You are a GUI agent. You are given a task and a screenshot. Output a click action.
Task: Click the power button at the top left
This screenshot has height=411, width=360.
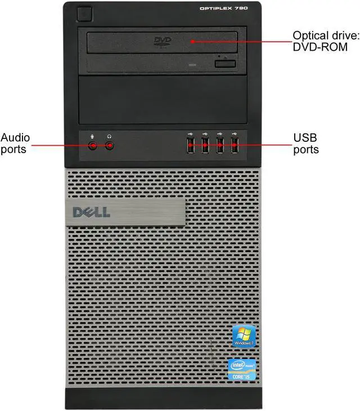[85, 12]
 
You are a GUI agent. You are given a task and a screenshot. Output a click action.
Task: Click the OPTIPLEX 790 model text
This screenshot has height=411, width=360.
[223, 8]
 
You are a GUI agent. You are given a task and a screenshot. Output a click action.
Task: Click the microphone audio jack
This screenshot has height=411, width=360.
[93, 146]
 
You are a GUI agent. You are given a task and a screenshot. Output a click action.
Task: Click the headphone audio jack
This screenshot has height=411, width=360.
[110, 146]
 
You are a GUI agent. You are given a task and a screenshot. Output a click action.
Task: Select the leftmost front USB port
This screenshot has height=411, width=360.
[190, 146]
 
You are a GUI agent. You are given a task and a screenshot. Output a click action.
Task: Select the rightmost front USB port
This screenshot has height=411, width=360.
[234, 146]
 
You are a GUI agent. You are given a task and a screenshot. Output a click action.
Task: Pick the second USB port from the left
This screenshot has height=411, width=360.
[205, 146]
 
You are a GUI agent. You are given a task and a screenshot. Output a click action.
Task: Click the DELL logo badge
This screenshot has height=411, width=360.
[92, 212]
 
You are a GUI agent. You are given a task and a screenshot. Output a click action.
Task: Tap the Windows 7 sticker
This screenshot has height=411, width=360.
[245, 336]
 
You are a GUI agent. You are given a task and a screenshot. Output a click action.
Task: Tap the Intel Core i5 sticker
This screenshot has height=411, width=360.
[242, 369]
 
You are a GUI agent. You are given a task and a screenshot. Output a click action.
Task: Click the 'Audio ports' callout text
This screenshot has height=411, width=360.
[15, 143]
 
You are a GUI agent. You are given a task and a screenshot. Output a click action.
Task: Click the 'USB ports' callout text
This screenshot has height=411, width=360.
[305, 143]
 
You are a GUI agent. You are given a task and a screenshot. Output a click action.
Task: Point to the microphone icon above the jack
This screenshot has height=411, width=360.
[93, 135]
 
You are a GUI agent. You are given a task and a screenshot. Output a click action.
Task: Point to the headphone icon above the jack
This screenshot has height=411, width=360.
[110, 135]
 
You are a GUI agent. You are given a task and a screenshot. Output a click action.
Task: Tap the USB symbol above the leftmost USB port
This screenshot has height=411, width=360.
[190, 134]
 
